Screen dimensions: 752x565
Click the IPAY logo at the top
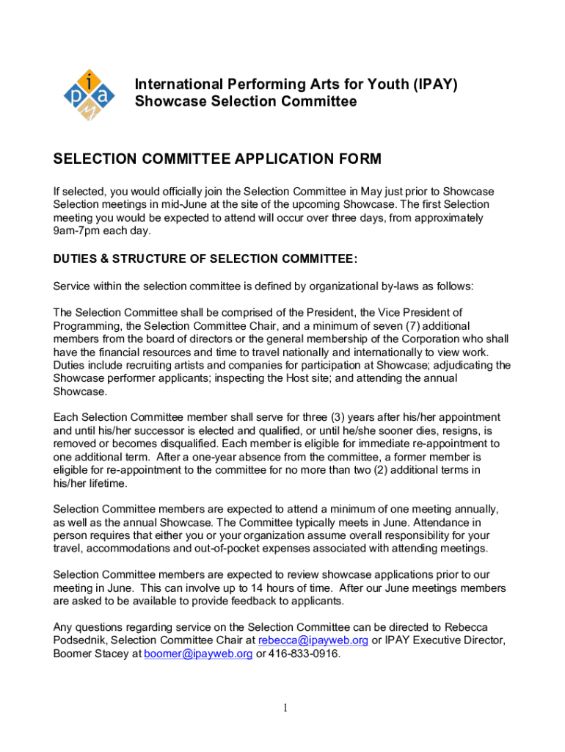coord(88,95)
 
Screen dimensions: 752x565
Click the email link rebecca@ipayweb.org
coord(313,640)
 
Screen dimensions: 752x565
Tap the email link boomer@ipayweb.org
coord(198,654)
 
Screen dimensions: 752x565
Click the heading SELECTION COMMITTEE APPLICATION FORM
coord(217,159)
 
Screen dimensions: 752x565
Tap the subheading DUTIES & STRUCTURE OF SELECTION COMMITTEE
coord(205,258)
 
